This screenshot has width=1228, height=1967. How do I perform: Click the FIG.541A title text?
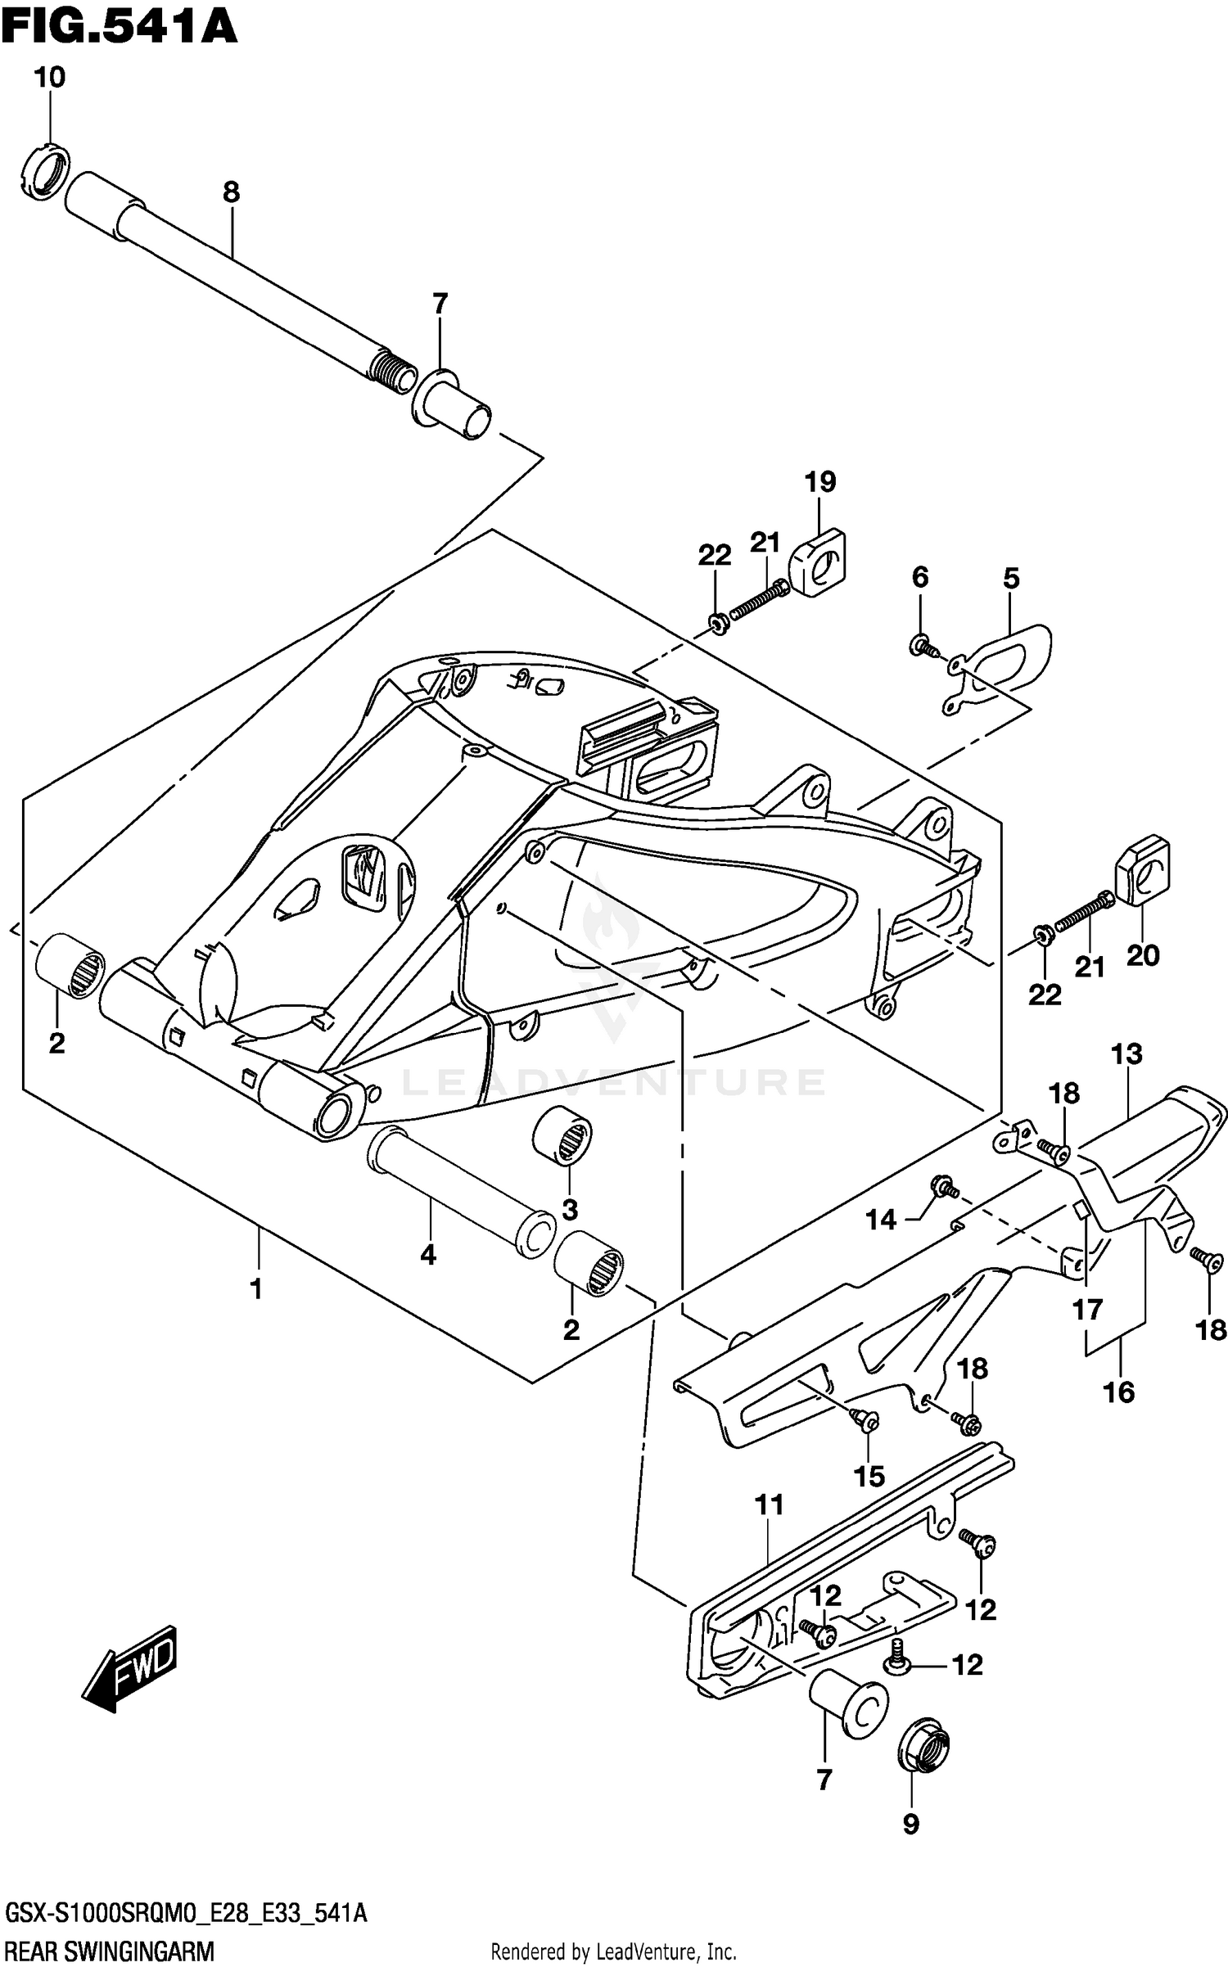(119, 26)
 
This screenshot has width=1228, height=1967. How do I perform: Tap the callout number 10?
(49, 78)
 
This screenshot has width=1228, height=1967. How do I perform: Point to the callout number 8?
(231, 193)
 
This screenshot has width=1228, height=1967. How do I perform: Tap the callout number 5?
(1011, 579)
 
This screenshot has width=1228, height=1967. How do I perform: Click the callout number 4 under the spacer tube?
(428, 1254)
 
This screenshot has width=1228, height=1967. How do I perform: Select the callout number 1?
(256, 1289)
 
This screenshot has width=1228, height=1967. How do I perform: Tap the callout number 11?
(770, 1505)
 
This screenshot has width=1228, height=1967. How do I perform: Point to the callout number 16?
(1118, 1392)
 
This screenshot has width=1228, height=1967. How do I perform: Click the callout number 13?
(1126, 1053)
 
